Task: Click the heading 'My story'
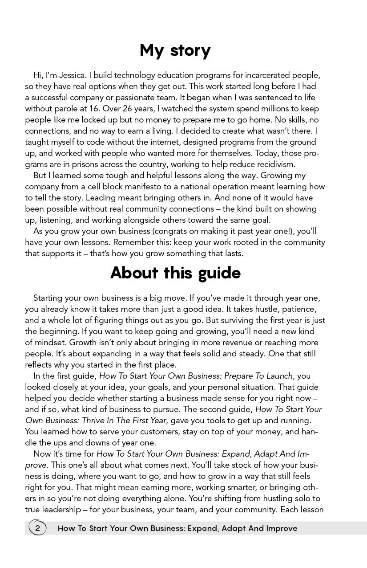coord(175,50)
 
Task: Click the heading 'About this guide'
coord(175,273)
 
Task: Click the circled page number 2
coord(38,528)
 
